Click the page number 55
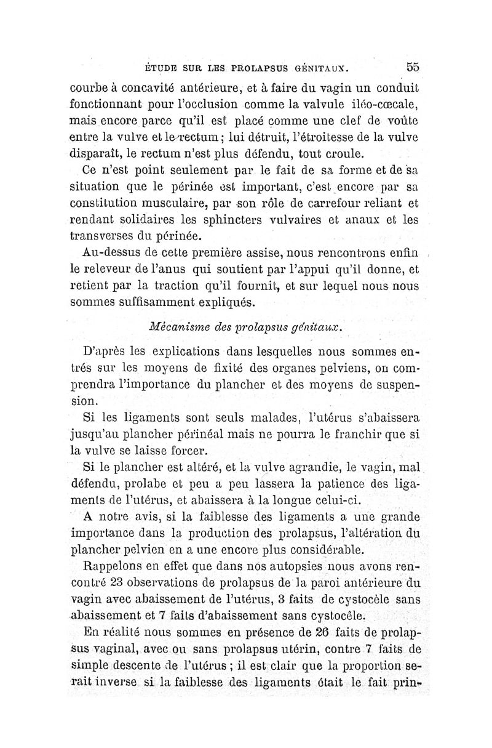tap(412, 67)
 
